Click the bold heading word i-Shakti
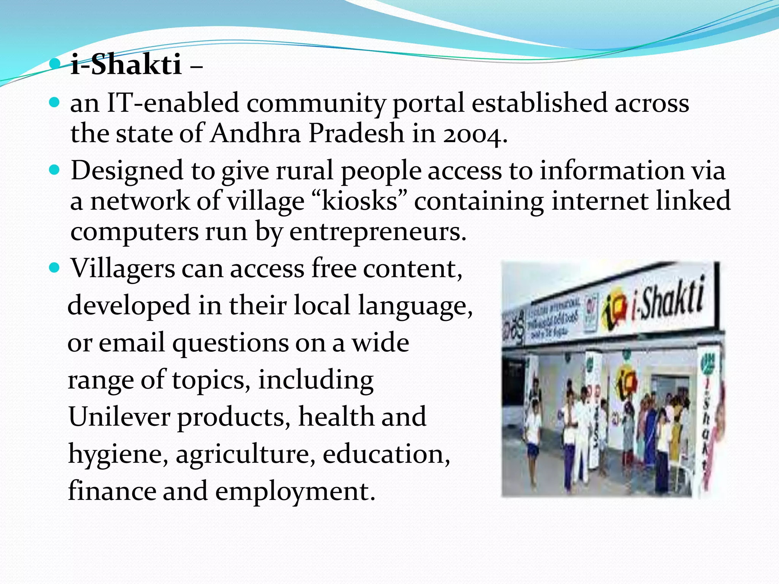pyautogui.click(x=126, y=65)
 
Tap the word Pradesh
pyautogui.click(x=356, y=133)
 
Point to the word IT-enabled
pyautogui.click(x=173, y=103)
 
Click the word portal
pyautogui.click(x=428, y=104)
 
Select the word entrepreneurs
pyautogui.click(x=377, y=232)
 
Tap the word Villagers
pyautogui.click(x=123, y=269)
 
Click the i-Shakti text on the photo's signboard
pyautogui.click(x=668, y=298)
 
